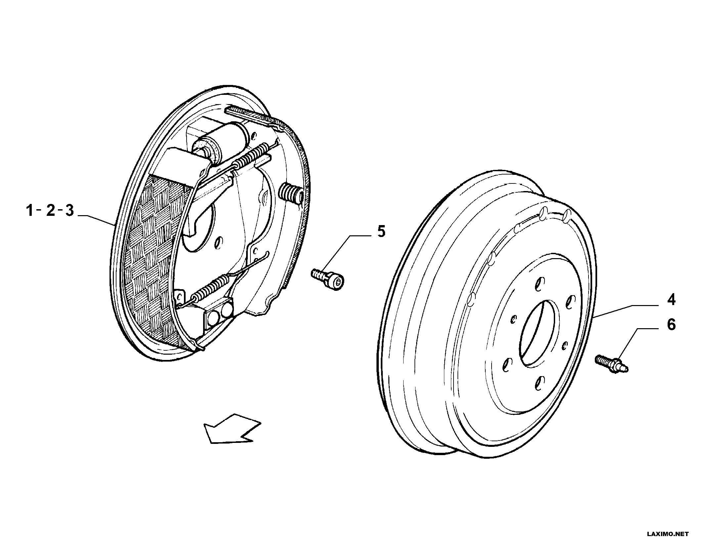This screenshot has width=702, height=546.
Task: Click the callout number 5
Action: point(381,232)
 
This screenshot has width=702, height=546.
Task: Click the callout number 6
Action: point(671,325)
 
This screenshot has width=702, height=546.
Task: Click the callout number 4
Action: point(671,300)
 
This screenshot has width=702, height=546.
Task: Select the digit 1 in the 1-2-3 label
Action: point(30,210)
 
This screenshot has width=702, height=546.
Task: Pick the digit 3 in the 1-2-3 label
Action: point(69,210)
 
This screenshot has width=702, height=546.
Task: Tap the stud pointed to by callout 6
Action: point(612,363)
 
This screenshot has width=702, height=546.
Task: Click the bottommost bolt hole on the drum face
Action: point(540,383)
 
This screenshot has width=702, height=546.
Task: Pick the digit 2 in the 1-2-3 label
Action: point(50,210)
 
